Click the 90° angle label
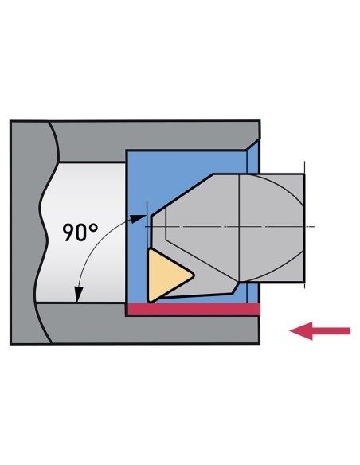[x=80, y=232]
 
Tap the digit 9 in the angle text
[x=68, y=232]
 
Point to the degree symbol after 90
[x=93, y=228]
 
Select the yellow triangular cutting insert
[x=166, y=275]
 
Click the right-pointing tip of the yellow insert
[x=194, y=275]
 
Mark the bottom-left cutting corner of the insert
[x=150, y=301]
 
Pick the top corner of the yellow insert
[x=150, y=250]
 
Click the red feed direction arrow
[x=319, y=330]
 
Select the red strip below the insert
[x=194, y=309]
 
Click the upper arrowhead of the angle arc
[x=139, y=218]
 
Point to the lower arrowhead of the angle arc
[x=78, y=294]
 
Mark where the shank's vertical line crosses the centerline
[x=239, y=227]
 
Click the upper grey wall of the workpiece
[x=155, y=135]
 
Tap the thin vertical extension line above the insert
[x=147, y=225]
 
